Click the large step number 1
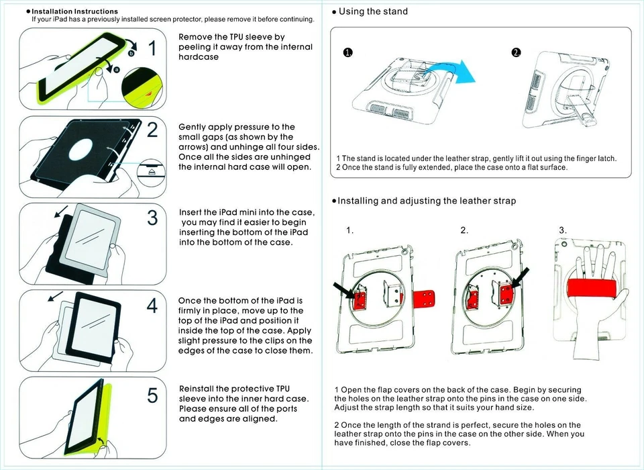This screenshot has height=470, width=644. point(152,48)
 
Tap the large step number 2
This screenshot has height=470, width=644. point(152,130)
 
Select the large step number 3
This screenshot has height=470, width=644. point(152,218)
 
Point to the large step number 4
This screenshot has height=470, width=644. point(152,306)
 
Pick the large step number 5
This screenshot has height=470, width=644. point(152,395)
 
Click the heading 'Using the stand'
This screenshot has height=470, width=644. point(373,11)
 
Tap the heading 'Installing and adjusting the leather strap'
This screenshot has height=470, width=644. point(427,201)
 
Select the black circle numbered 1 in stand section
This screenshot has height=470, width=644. point(347,53)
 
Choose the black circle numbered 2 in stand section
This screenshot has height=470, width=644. point(516,53)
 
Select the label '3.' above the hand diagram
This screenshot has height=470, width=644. point(562,230)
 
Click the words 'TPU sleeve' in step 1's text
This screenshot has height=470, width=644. point(252,37)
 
